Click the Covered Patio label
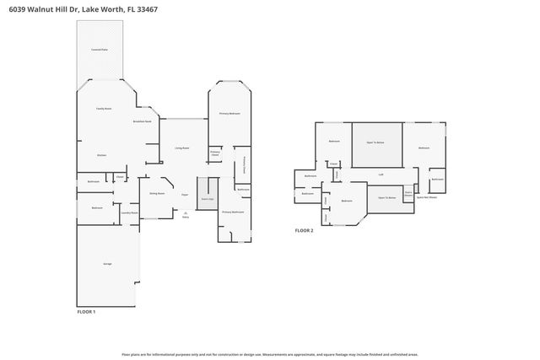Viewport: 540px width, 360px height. click(99, 50)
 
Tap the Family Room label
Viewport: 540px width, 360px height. click(104, 109)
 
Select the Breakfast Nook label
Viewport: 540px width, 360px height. click(143, 122)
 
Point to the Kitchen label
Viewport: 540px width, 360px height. click(101, 155)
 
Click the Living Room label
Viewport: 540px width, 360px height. click(181, 148)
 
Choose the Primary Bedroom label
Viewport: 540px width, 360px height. click(229, 113)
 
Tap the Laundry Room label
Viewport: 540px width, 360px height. click(128, 213)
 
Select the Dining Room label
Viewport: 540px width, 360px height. click(156, 193)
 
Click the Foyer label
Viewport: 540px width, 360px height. click(184, 194)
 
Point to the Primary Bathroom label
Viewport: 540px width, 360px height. click(232, 212)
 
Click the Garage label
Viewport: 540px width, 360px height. click(108, 265)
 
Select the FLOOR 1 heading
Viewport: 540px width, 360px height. click(86, 312)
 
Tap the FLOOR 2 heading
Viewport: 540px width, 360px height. click(303, 230)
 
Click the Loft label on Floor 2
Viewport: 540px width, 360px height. click(381, 175)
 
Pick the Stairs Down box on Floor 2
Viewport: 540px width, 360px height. click(408, 193)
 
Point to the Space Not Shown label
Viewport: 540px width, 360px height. click(426, 196)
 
